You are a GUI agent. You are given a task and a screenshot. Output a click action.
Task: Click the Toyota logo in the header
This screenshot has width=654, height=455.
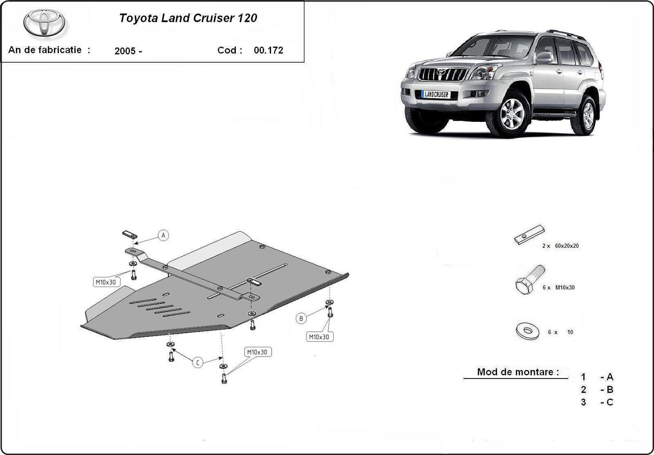tap(44, 23)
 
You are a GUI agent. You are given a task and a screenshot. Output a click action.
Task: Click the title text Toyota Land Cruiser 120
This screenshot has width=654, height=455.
tap(188, 18)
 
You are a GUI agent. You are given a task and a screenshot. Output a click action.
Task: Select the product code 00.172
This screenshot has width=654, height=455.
tap(268, 50)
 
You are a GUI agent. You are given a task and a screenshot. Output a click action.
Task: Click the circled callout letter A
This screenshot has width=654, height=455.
tap(163, 235)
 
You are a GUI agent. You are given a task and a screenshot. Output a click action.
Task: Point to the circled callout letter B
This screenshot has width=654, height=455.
tap(301, 318)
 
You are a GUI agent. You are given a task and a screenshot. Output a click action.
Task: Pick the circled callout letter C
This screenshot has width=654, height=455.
tap(198, 362)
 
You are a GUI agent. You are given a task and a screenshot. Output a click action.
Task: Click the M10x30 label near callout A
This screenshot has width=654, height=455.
tap(105, 282)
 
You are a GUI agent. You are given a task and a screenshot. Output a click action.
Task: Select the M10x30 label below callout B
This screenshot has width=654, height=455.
tap(320, 337)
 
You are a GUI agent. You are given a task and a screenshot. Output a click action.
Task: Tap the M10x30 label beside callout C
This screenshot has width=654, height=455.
tap(257, 352)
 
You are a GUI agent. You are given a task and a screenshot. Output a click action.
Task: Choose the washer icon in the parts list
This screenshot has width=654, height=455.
tap(527, 331)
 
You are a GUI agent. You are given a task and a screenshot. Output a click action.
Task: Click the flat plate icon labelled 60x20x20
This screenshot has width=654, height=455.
tap(529, 235)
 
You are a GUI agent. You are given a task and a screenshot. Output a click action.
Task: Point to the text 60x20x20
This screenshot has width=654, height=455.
tap(567, 246)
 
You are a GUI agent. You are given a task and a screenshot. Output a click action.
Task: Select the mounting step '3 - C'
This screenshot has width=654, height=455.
tap(597, 402)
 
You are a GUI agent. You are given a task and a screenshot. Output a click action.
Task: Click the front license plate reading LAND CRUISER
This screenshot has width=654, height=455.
tap(436, 94)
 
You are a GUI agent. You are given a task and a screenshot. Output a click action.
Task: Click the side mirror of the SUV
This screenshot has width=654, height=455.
tap(544, 57)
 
